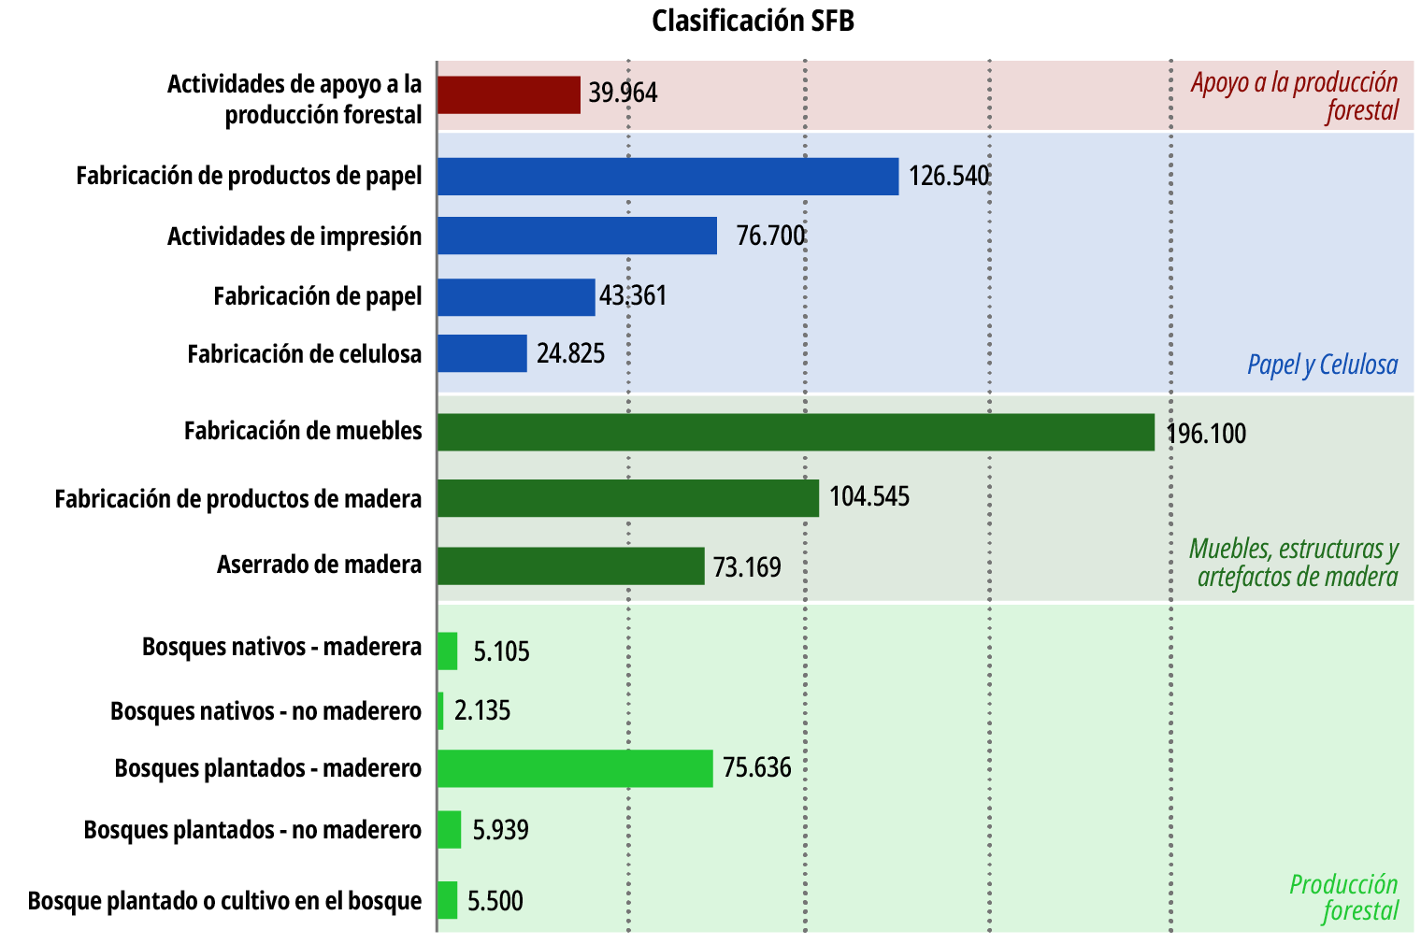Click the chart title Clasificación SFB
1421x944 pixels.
click(753, 21)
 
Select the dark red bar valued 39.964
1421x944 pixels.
click(509, 94)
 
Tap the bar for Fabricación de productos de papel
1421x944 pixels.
click(667, 176)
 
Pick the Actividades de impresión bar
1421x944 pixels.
click(577, 236)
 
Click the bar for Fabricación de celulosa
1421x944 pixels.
click(481, 353)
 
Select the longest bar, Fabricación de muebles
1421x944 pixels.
click(796, 432)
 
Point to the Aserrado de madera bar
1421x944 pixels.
click(570, 565)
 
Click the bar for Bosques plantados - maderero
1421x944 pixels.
click(575, 768)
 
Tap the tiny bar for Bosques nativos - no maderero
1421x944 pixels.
click(440, 710)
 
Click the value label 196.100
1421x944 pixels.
click(1206, 434)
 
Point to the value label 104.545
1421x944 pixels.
click(869, 496)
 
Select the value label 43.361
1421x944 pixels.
click(633, 295)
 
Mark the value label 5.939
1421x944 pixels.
click(500, 830)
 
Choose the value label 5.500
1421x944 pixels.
click(495, 901)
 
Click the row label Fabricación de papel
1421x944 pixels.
click(318, 296)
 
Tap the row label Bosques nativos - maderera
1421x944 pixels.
click(281, 647)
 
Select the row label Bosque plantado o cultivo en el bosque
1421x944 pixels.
click(224, 901)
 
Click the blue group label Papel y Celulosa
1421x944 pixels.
click(1322, 365)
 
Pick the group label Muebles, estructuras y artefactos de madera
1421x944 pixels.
click(1295, 563)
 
